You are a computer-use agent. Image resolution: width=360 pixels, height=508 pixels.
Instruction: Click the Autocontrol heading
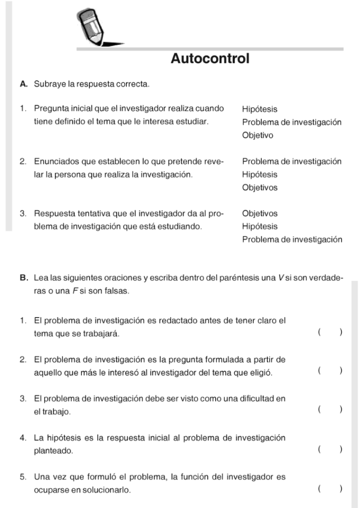click(210, 59)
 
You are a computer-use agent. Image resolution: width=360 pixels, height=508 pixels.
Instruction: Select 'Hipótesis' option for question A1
click(259, 109)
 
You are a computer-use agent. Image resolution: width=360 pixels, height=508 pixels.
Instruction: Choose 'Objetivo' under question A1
click(258, 135)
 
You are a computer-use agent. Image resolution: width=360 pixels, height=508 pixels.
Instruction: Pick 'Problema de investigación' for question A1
click(292, 122)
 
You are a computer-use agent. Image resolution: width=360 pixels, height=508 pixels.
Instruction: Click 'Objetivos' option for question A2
click(260, 188)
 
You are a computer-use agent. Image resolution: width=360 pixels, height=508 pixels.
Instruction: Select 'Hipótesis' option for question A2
click(259, 175)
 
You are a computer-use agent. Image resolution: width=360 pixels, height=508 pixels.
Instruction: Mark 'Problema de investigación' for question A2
click(292, 161)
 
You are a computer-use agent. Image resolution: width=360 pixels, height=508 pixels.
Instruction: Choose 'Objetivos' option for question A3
click(260, 214)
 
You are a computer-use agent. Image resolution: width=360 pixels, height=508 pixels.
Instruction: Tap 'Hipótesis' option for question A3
click(259, 227)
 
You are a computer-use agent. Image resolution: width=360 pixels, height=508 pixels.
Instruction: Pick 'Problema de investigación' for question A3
click(292, 240)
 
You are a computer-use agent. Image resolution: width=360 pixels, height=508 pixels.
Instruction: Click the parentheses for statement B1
click(330, 332)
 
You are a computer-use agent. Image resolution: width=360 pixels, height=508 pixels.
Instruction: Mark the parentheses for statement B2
click(330, 371)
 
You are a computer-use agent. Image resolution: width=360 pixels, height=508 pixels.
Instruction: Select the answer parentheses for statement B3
click(330, 409)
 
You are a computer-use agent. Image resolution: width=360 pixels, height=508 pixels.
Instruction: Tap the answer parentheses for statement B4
click(330, 449)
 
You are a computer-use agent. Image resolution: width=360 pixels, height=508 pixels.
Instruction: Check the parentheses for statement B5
click(330, 489)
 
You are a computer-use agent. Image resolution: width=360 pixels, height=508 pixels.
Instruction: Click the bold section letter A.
click(23, 84)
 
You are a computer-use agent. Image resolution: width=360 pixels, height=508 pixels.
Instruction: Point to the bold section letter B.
click(23, 278)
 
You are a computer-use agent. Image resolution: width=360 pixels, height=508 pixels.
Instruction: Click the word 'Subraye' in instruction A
click(48, 84)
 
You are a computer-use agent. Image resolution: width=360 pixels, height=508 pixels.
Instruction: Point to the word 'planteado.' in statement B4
click(53, 451)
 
